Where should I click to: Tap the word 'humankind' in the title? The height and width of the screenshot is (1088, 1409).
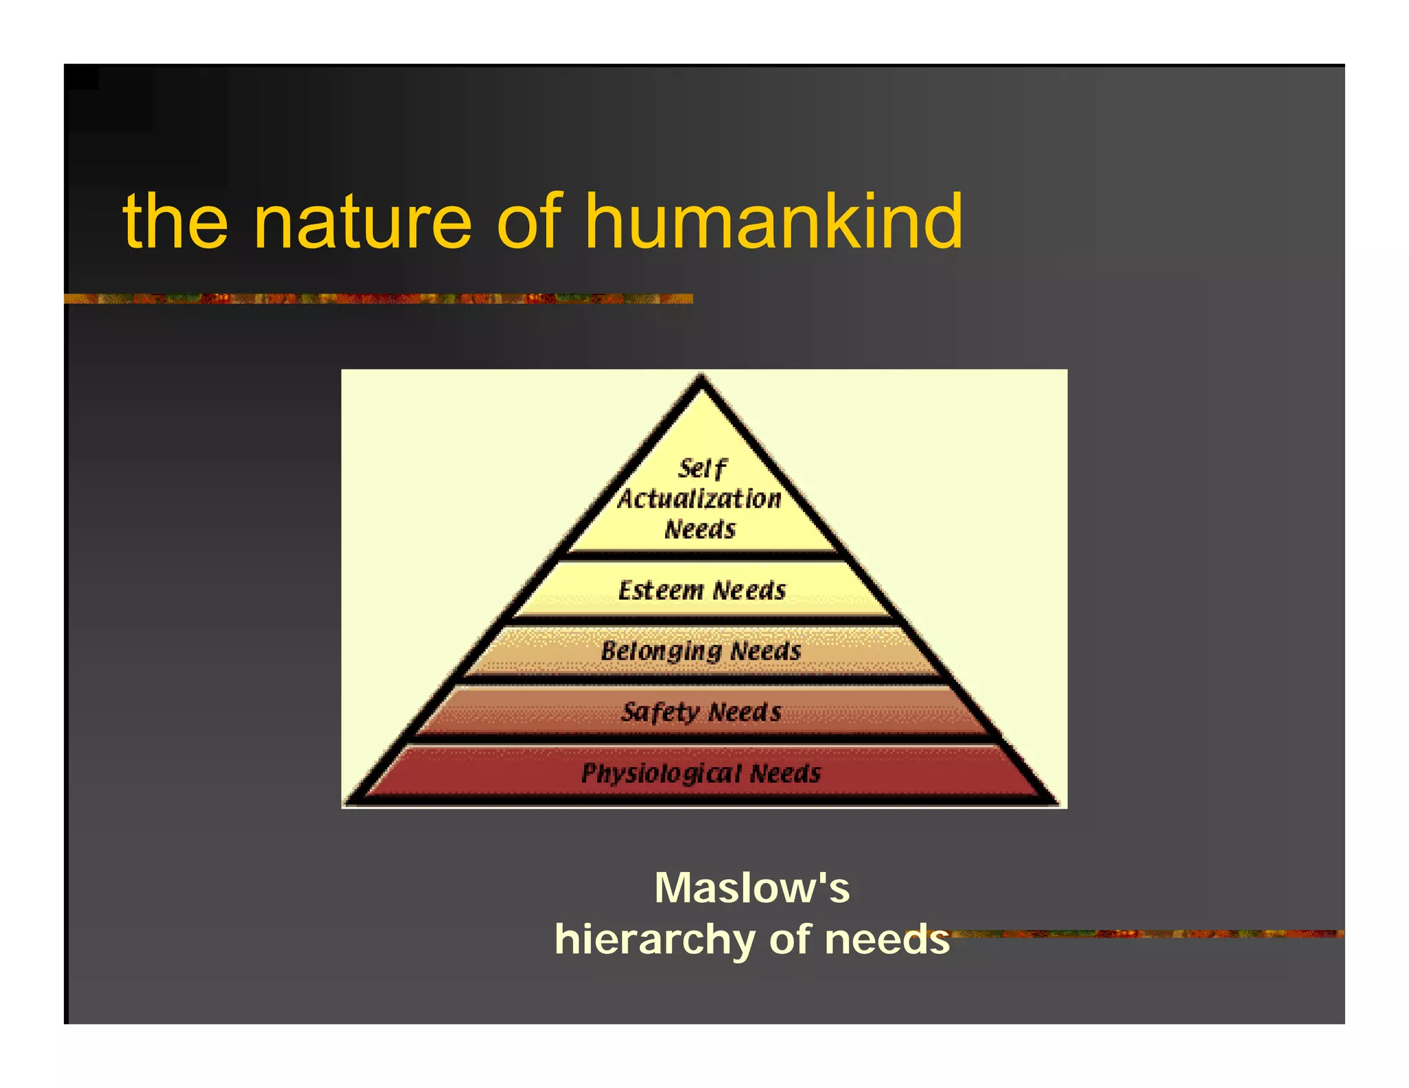tap(773, 221)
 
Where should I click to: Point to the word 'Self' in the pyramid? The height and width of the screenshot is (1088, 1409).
tap(702, 469)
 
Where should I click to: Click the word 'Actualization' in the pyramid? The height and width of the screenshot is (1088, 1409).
tap(700, 499)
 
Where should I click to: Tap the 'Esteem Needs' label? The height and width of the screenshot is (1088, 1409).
tap(702, 591)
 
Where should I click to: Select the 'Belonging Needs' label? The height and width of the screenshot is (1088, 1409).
tap(701, 651)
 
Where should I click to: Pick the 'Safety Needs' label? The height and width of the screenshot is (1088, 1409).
tap(701, 712)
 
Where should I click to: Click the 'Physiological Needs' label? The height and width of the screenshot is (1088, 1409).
tap(701, 774)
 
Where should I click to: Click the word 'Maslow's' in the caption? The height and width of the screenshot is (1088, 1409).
tap(752, 888)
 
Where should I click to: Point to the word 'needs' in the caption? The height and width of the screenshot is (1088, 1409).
tap(887, 940)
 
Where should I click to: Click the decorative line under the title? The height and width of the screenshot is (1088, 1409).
tap(378, 298)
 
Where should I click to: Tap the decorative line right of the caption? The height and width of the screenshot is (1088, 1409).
tap(1149, 934)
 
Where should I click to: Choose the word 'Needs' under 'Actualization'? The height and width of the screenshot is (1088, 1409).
tap(700, 530)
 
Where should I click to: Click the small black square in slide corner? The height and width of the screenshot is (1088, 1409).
tap(81, 77)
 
